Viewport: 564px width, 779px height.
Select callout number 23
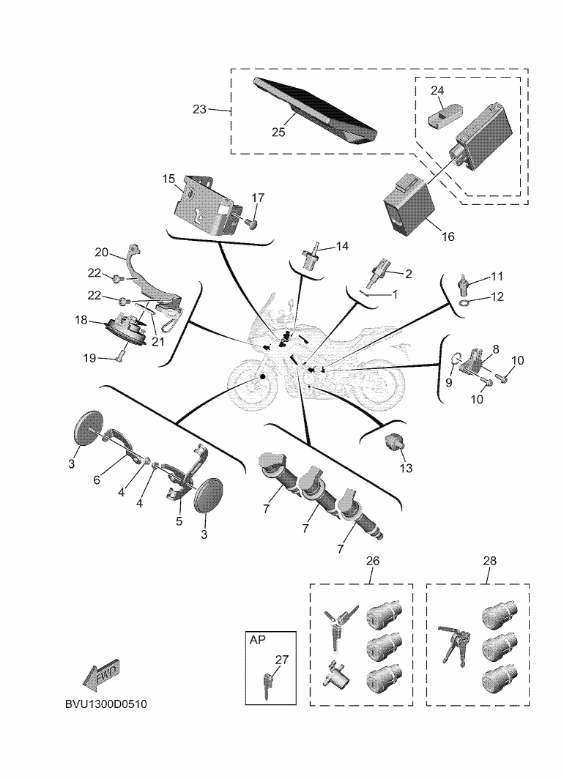pyautogui.click(x=199, y=109)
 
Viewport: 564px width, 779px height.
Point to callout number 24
pyautogui.click(x=437, y=91)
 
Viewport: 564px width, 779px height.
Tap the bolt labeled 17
pyautogui.click(x=253, y=222)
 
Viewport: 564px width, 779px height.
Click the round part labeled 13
pyautogui.click(x=396, y=441)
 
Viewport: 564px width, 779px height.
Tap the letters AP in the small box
pyautogui.click(x=258, y=640)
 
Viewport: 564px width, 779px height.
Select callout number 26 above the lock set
pyautogui.click(x=372, y=561)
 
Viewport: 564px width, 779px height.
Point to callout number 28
pyautogui.click(x=489, y=561)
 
